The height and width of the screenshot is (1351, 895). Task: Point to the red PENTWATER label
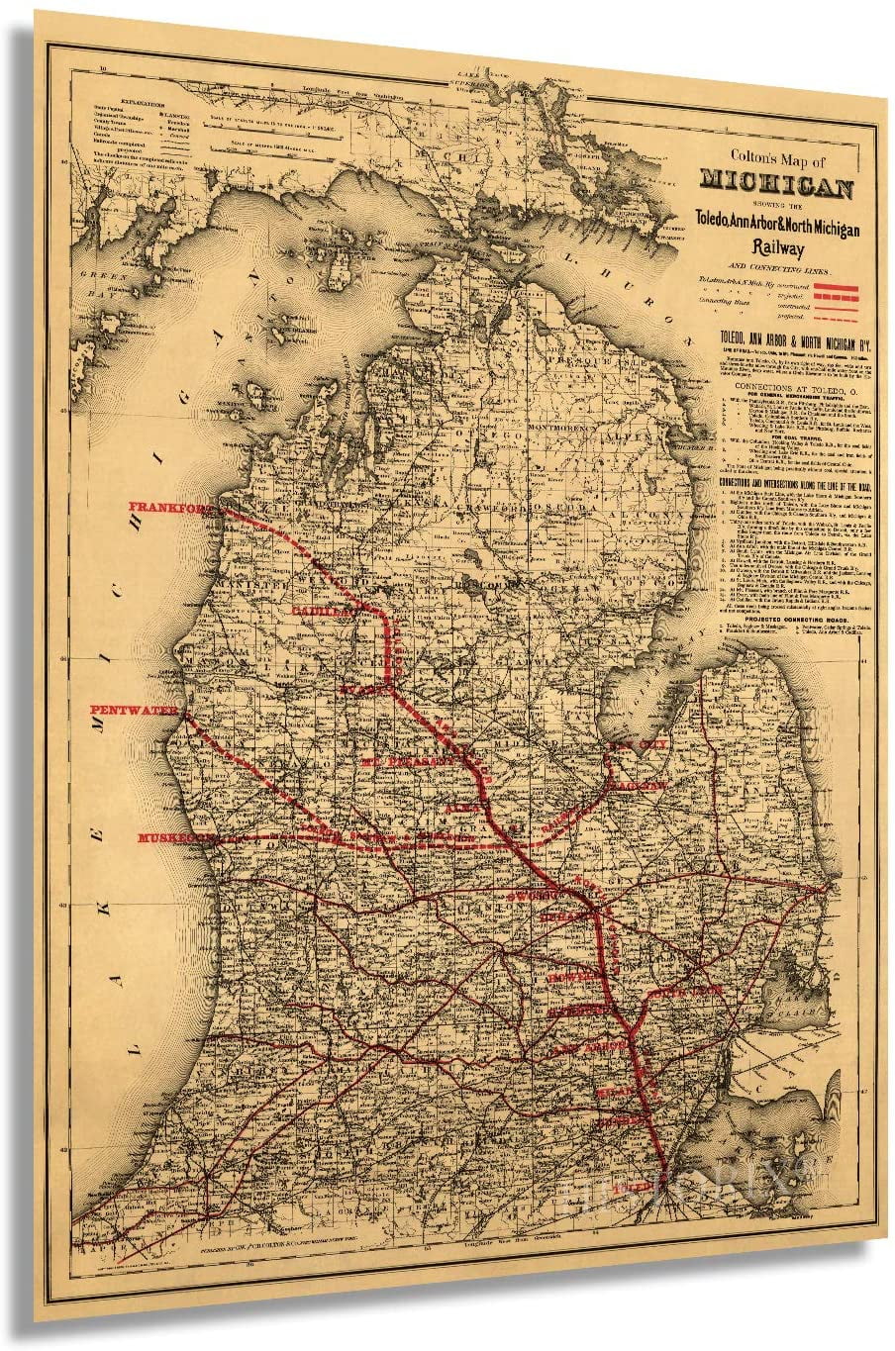click(x=134, y=711)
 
